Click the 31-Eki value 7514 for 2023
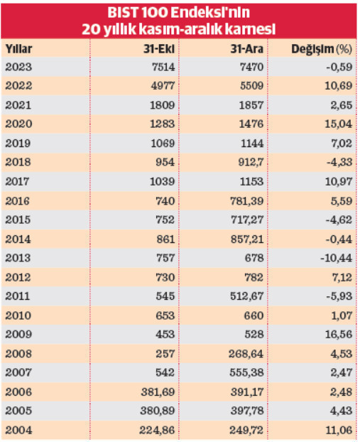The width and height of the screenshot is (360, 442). tap(163, 67)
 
